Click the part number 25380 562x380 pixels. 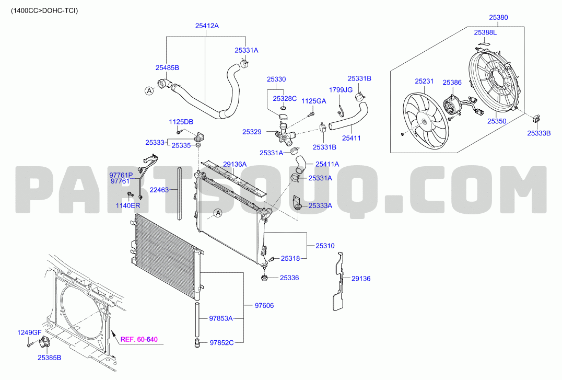point(498,17)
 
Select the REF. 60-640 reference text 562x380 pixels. point(139,339)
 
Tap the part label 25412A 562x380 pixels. point(207,26)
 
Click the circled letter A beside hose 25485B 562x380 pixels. point(149,91)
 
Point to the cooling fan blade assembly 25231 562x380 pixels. point(426,121)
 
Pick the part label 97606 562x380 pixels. point(264,305)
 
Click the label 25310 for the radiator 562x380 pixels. point(325,246)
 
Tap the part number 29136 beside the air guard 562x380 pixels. point(360,279)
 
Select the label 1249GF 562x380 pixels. point(29,332)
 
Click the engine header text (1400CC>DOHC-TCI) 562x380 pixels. point(44,11)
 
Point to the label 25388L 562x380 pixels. point(485,32)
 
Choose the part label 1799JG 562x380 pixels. point(341,90)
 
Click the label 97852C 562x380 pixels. point(221,343)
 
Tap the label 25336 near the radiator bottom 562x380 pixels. point(289,278)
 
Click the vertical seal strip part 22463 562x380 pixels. point(180,193)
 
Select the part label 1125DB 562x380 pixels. point(181,122)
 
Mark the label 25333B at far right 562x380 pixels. point(538,133)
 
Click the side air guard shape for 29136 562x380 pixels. point(339,282)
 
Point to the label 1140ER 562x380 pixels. point(127,205)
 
